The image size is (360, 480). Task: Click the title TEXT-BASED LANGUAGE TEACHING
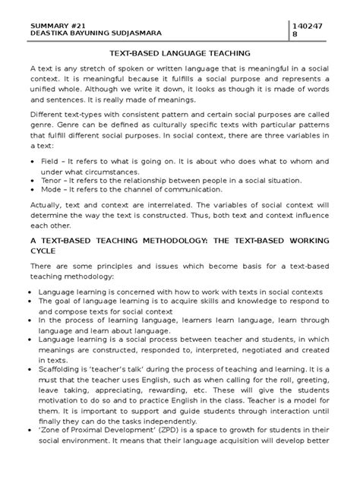tap(180, 55)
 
